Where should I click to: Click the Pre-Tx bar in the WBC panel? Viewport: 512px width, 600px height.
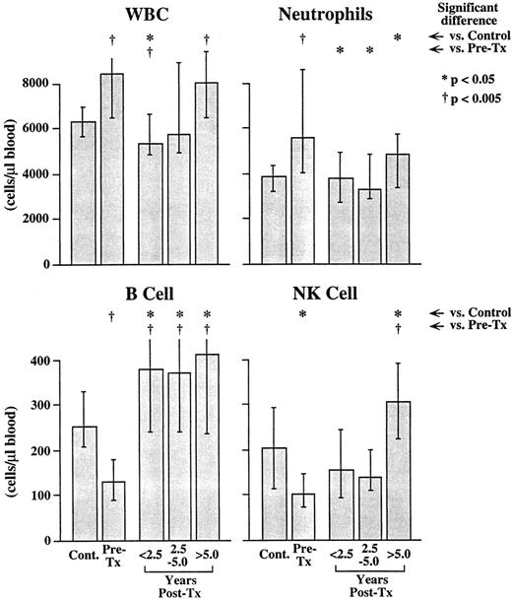[x=113, y=168]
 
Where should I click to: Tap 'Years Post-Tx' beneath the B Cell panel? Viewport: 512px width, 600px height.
[x=179, y=580]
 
